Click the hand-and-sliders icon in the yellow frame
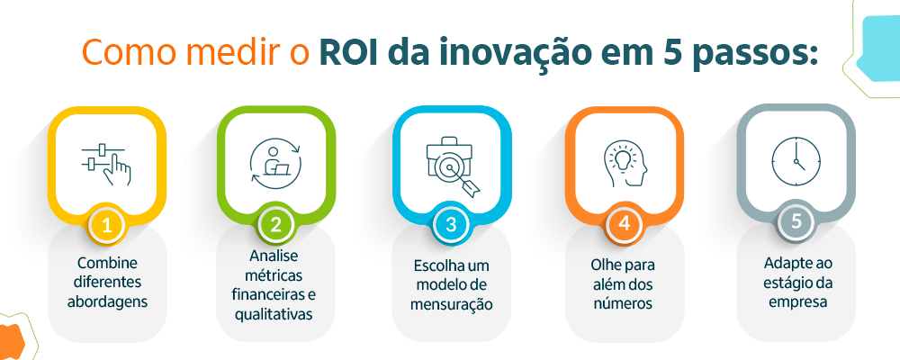click(106, 163)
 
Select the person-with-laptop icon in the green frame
click(276, 163)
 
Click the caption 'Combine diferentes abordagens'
click(107, 281)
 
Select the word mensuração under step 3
click(452, 304)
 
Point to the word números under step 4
click(623, 303)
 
